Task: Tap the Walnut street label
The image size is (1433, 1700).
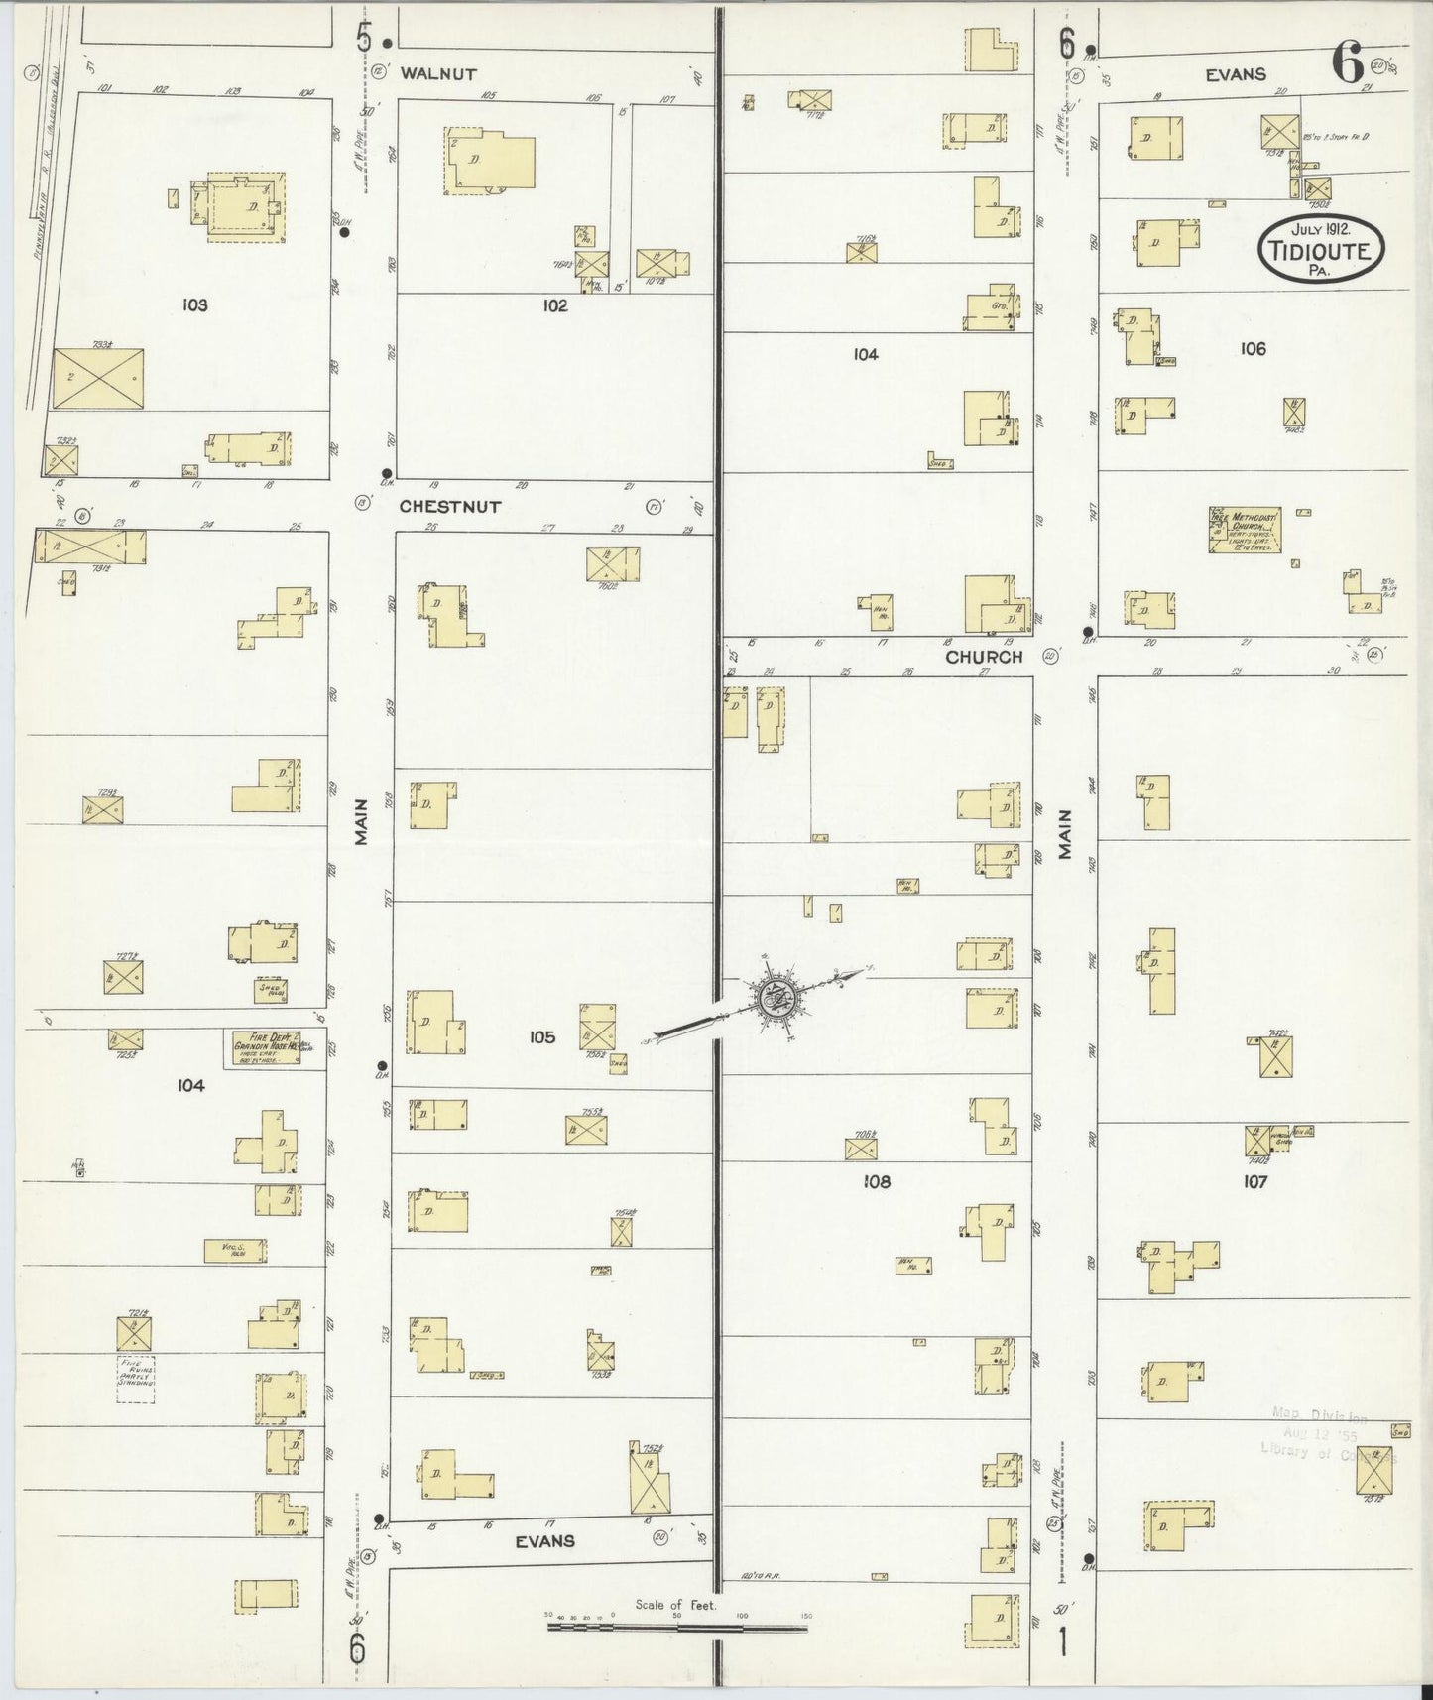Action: click(438, 73)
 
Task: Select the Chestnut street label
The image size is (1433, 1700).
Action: click(449, 506)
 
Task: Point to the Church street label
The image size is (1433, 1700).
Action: click(983, 657)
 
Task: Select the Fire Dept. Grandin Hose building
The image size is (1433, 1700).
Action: click(266, 1047)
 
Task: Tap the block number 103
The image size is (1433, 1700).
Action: click(194, 305)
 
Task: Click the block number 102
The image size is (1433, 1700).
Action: click(554, 305)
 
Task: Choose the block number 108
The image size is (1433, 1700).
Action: click(877, 1182)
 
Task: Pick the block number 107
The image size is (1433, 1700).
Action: click(1254, 1182)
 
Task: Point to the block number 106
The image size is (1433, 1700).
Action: click(1253, 349)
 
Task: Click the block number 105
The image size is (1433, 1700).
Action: click(541, 1037)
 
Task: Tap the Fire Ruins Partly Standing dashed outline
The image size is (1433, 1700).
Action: click(136, 1379)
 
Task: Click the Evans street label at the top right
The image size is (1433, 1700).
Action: click(1236, 74)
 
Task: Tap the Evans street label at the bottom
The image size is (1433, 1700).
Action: click(545, 1540)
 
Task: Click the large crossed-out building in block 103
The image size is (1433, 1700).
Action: click(97, 378)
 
